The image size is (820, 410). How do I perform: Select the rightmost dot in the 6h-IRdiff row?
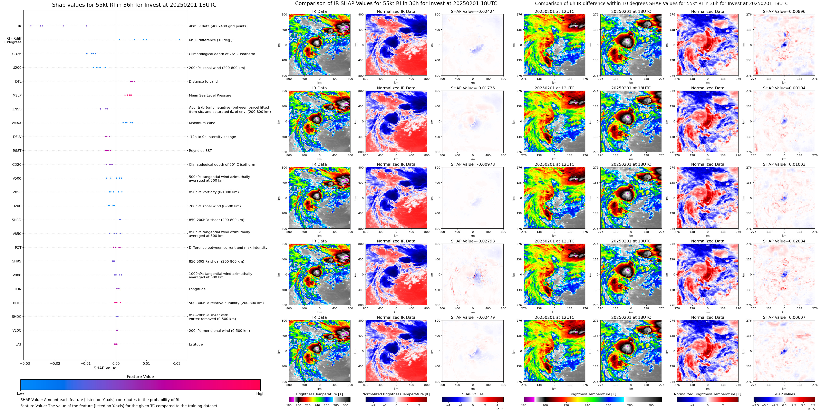click(x=179, y=40)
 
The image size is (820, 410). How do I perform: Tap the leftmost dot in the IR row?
click(x=31, y=26)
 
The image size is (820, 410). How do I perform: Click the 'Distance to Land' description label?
click(x=203, y=81)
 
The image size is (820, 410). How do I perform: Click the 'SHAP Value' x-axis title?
click(x=105, y=368)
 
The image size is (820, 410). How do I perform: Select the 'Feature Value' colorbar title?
click(x=140, y=377)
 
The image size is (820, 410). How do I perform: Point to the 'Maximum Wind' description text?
click(x=202, y=123)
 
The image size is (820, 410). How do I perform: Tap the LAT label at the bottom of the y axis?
click(x=18, y=344)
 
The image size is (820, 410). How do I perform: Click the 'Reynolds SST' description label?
click(x=200, y=151)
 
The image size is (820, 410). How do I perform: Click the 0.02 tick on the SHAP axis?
click(x=177, y=363)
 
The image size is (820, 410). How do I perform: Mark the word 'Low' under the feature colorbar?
click(x=20, y=393)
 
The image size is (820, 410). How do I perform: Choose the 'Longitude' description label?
click(x=197, y=289)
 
